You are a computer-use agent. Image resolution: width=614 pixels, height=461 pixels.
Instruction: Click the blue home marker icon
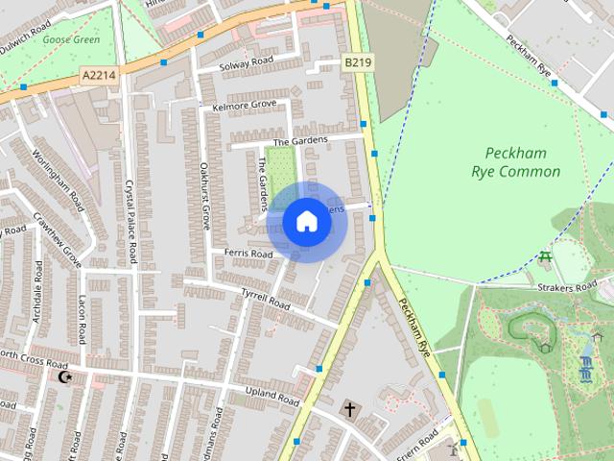coord(306,222)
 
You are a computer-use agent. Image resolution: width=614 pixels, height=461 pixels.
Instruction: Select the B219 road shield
coord(357,62)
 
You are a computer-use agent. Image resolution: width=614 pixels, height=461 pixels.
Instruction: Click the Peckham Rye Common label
coord(516,162)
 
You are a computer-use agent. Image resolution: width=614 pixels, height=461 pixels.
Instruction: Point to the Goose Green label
coord(72,39)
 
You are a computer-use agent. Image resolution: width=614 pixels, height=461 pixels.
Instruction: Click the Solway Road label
coord(246,63)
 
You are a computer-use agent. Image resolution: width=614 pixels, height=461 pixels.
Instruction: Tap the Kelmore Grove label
coord(245,104)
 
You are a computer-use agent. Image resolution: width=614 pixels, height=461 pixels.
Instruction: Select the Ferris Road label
coord(248,254)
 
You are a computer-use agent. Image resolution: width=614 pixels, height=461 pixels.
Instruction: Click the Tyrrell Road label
coord(266,299)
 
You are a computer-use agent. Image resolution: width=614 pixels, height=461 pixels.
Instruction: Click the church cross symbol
coord(349,410)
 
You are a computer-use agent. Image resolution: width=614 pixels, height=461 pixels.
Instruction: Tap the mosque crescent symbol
coord(65,377)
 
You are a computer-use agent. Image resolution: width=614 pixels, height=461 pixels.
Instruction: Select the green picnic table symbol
coord(546,256)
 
